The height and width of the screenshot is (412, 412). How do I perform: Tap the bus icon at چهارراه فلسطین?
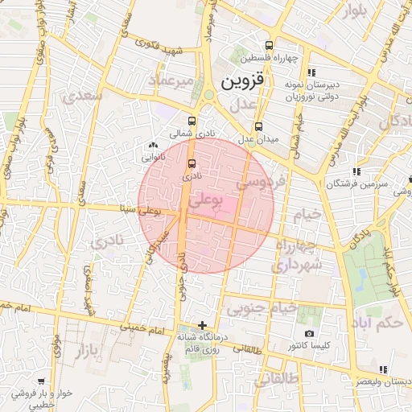pyautogui.click(x=268, y=45)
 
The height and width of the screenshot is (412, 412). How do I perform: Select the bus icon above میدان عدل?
pyautogui.click(x=259, y=126)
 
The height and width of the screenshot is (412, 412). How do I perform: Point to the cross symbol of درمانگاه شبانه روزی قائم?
pyautogui.click(x=202, y=325)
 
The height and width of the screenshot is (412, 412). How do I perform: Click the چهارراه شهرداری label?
pyautogui.click(x=298, y=254)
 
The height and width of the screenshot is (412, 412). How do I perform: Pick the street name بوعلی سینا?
pyautogui.click(x=139, y=212)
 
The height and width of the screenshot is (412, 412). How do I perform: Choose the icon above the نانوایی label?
pyautogui.click(x=153, y=145)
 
